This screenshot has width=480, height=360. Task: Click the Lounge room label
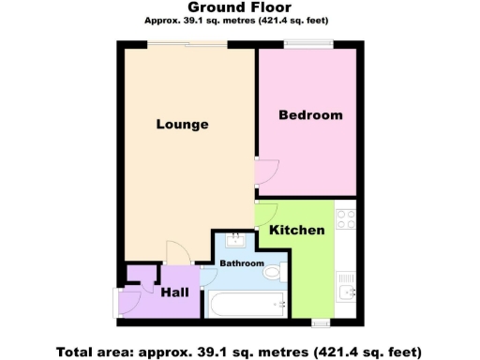[182, 124]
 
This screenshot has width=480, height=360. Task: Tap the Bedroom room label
[310, 115]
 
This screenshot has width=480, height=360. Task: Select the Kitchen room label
[297, 230]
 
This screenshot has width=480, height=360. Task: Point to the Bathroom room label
[242, 263]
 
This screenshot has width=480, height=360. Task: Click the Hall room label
[174, 292]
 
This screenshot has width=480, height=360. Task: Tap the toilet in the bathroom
[273, 273]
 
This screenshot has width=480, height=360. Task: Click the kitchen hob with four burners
[346, 218]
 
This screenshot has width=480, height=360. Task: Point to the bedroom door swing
[266, 171]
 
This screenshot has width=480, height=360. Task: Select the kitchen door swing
[265, 212]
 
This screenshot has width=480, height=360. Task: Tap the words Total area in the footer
[90, 352]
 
